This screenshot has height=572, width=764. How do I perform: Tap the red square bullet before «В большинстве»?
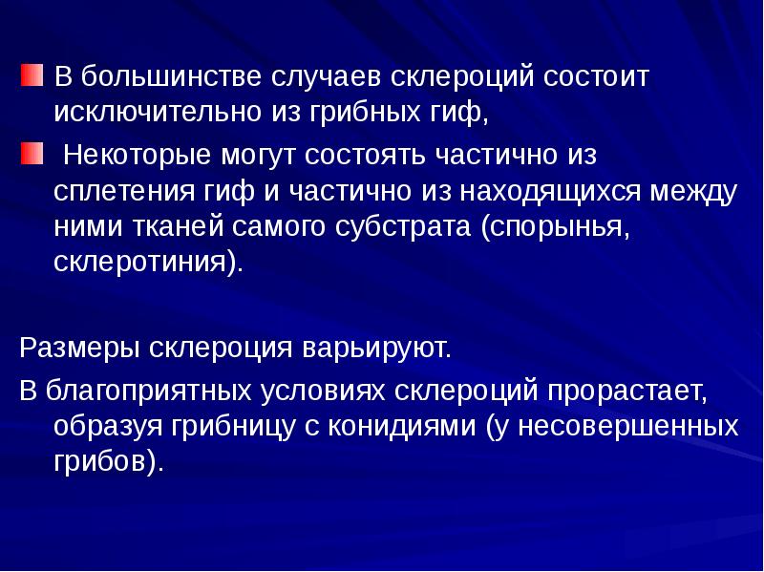(31, 74)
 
